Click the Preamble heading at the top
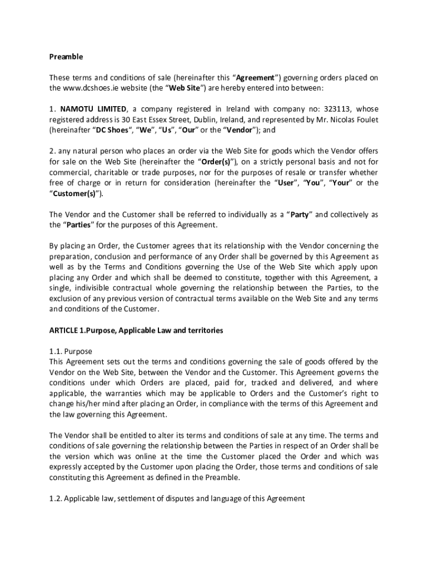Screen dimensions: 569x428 (x=66, y=57)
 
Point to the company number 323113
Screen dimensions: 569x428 (x=341, y=109)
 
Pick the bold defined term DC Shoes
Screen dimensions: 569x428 (x=112, y=130)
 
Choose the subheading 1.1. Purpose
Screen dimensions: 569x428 (x=71, y=351)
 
